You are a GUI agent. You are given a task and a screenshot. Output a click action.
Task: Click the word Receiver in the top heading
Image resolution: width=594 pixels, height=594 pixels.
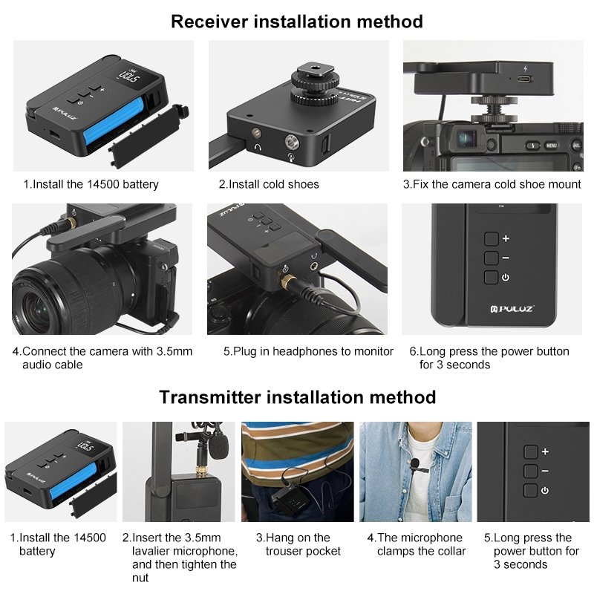tap(209, 22)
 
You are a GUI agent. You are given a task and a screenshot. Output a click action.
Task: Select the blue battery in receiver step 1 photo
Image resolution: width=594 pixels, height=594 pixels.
tap(114, 121)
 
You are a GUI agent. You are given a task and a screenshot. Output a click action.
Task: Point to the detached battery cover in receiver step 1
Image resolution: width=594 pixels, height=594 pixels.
tap(148, 135)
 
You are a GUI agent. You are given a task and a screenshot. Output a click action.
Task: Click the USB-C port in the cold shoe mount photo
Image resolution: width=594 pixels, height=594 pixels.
tap(524, 79)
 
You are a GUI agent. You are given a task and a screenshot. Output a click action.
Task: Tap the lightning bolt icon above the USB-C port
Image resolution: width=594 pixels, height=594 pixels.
tap(525, 68)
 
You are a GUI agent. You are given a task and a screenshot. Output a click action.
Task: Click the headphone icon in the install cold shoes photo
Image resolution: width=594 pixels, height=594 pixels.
tap(258, 147)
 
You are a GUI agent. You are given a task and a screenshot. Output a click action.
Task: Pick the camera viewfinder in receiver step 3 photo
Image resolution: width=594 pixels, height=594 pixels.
tap(467, 138)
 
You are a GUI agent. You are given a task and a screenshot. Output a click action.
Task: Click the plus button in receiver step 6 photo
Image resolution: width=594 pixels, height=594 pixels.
tap(492, 239)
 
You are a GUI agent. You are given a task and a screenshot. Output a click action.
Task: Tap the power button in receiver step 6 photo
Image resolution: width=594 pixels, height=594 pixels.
tap(492, 277)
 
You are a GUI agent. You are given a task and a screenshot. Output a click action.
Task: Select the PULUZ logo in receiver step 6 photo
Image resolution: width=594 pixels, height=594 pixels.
tap(512, 309)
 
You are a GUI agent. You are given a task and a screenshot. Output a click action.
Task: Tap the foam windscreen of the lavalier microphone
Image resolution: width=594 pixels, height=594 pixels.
tap(220, 447)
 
